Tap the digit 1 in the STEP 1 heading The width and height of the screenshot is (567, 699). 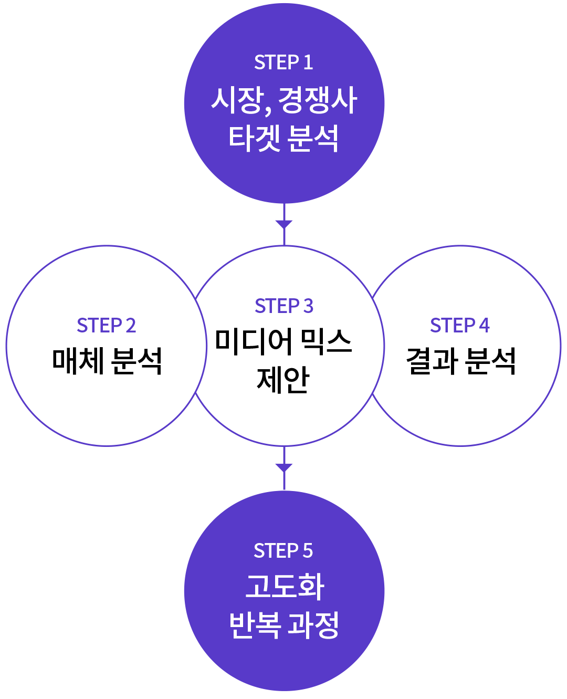pyautogui.click(x=308, y=62)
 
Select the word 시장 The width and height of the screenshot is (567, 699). pyautogui.click(x=236, y=100)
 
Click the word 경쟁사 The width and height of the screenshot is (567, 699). pyautogui.click(x=318, y=100)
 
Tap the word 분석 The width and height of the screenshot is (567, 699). pyautogui.click(x=313, y=139)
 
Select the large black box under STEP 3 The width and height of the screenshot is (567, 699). pyautogui.click(x=283, y=361)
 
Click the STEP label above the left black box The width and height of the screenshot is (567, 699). pyautogui.click(x=103, y=325)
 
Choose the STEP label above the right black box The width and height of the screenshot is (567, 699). pyautogui.click(x=456, y=325)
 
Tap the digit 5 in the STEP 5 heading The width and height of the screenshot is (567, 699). pyautogui.click(x=308, y=551)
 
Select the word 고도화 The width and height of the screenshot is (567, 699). pyautogui.click(x=285, y=587)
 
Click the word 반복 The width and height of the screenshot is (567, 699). pyautogui.click(x=255, y=625)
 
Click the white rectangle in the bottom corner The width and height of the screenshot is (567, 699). pyautogui.click(x=552, y=618)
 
